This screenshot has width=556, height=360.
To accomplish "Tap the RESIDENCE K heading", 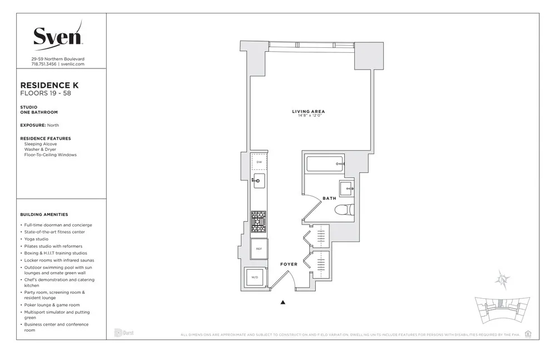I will coord(49,85).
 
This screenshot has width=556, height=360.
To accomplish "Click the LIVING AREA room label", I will coord(308,112).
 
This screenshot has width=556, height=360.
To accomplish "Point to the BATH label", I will coord(330,198).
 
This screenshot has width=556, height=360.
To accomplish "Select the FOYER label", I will coord(289,264).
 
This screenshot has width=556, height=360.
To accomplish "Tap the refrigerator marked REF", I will coord(259,249).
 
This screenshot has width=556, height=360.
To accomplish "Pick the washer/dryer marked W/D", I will coord(255,277).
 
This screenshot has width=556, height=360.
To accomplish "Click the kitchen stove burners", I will coord(259,221).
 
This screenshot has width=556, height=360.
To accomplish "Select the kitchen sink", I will coord(259,180).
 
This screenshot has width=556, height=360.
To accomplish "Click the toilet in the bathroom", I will coord(344,210).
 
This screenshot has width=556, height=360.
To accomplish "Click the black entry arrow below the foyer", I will coord(283,303).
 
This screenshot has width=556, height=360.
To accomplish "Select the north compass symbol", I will coord(503,279).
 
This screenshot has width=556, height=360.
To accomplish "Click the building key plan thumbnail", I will coord(500,310).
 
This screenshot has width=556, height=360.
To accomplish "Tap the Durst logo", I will coord(124,333).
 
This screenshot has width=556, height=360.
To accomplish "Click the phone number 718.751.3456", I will coord(43,64).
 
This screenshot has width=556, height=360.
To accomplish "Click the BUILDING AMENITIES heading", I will coord(44,214).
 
